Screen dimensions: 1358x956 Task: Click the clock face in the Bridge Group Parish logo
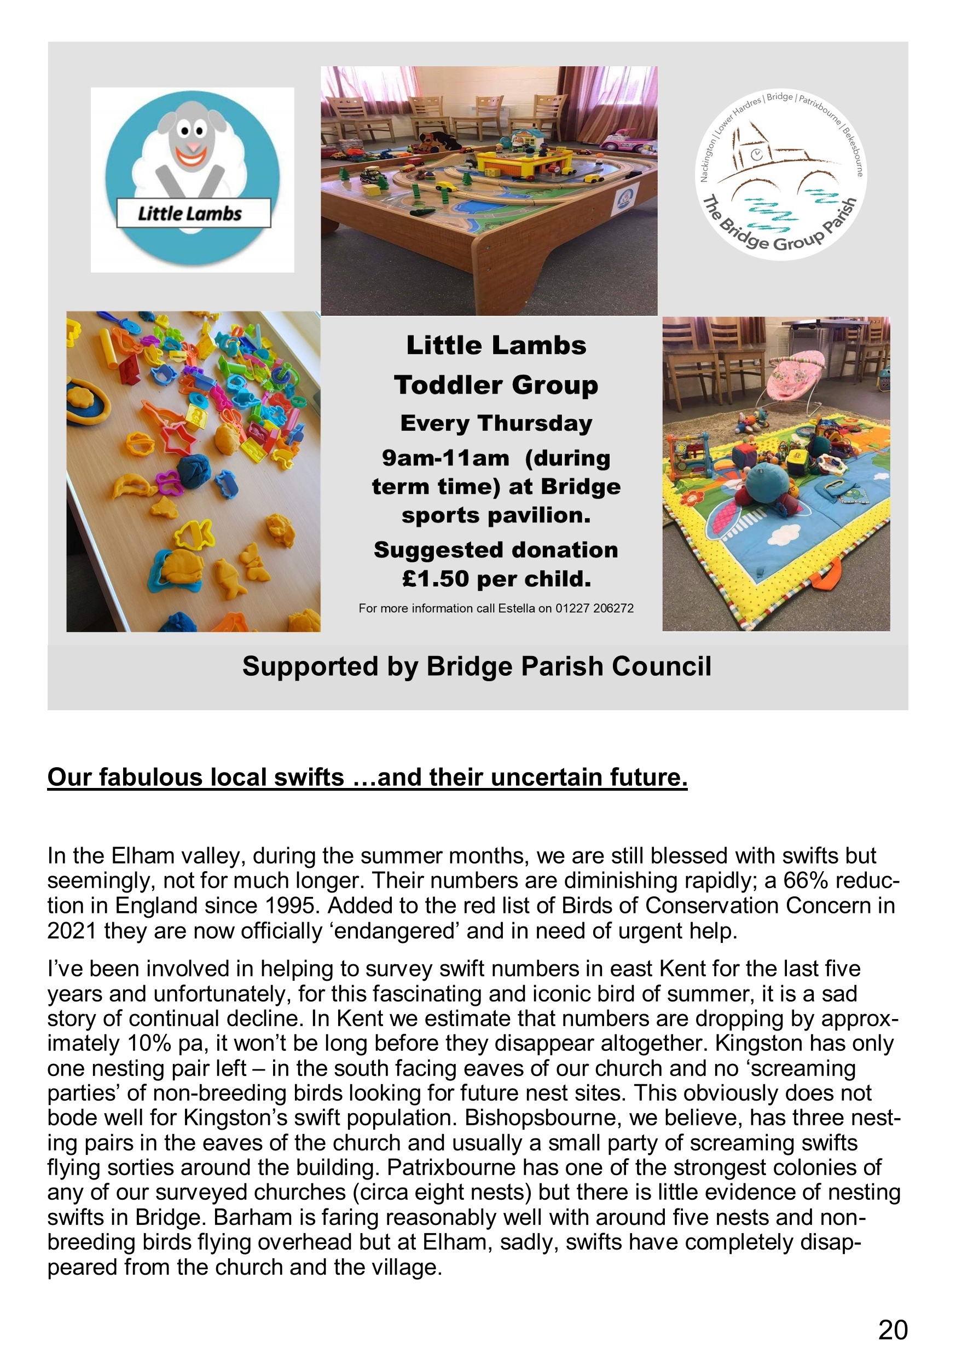[756, 155]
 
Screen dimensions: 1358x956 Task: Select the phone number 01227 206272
[594, 608]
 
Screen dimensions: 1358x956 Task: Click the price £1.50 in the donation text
[436, 578]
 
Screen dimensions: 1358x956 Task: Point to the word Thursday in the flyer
[535, 423]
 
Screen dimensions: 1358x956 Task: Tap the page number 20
[892, 1330]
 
